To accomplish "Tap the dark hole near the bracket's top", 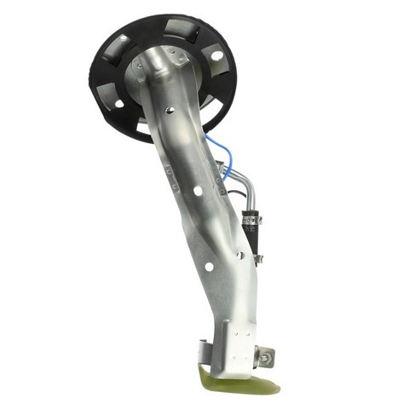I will click(171, 111).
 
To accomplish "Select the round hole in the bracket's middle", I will click(198, 193).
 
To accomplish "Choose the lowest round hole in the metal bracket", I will click(209, 267).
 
